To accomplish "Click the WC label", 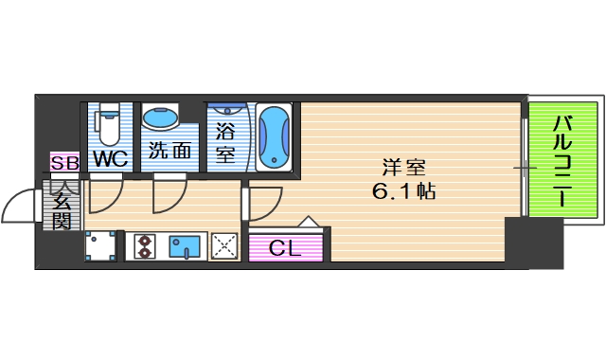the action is pyautogui.click(x=109, y=158).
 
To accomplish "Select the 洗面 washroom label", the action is pyautogui.click(x=169, y=151).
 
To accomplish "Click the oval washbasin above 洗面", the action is pyautogui.click(x=161, y=118).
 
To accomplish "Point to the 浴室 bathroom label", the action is pyautogui.click(x=225, y=142).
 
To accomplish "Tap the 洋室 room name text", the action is pyautogui.click(x=402, y=169).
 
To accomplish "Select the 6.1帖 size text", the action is pyautogui.click(x=403, y=191).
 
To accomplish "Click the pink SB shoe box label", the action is pyautogui.click(x=64, y=163).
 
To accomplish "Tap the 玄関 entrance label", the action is pyautogui.click(x=62, y=210).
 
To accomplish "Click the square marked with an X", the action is pyautogui.click(x=224, y=247).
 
